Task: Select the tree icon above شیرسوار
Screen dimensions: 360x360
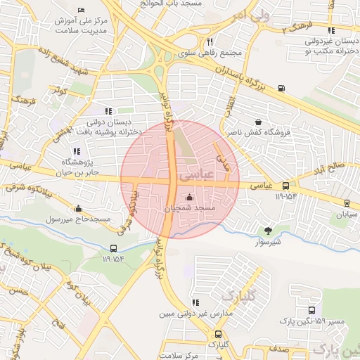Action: pyautogui.click(x=268, y=230)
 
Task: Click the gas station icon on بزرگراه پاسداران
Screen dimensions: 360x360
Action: pyautogui.click(x=282, y=88)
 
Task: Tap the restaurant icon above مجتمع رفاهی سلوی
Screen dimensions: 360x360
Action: pyautogui.click(x=210, y=42)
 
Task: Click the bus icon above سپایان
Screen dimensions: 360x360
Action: pyautogui.click(x=347, y=203)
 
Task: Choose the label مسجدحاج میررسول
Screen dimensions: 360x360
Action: pyautogui.click(x=79, y=219)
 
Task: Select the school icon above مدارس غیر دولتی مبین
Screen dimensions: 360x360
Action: pyautogui.click(x=193, y=303)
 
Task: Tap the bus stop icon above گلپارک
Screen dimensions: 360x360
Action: pyautogui.click(x=218, y=335)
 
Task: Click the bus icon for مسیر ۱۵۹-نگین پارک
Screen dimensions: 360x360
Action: pyautogui.click(x=311, y=310)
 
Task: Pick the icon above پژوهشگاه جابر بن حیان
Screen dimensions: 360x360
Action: pyautogui.click(x=76, y=151)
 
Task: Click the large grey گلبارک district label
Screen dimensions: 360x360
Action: pyautogui.click(x=241, y=291)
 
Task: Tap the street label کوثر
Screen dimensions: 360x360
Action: pyautogui.click(x=58, y=91)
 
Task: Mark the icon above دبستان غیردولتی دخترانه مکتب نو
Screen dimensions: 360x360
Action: pyautogui.click(x=331, y=30)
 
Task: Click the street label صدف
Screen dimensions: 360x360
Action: pyautogui.click(x=278, y=349)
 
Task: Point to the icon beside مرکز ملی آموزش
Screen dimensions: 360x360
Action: pyautogui.click(x=82, y=11)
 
